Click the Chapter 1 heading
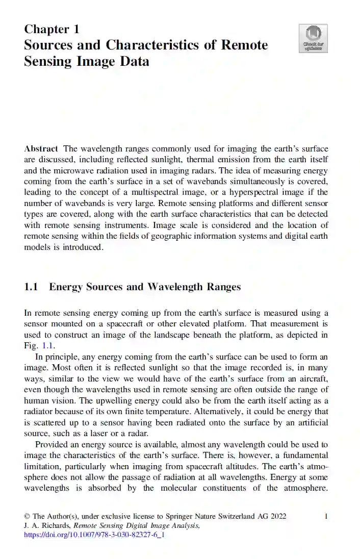point(52,29)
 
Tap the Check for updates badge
point(313,39)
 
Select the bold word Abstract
point(41,149)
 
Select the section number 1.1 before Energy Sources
point(31,287)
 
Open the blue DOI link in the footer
point(94,535)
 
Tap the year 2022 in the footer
point(277,516)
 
